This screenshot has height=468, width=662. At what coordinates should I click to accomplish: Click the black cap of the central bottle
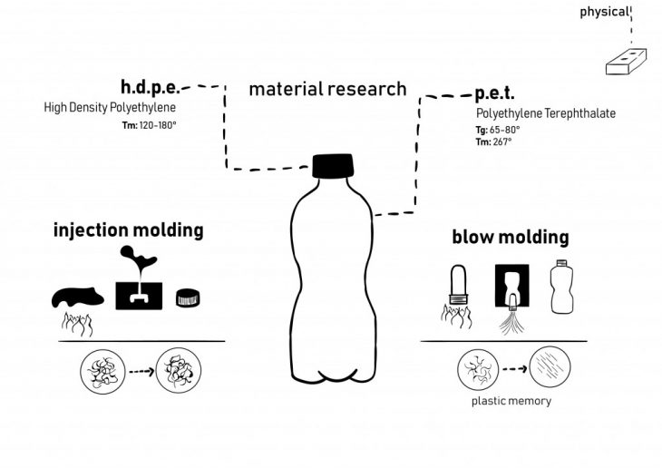coord(334,167)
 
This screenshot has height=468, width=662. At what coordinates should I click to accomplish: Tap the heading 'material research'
coord(327,89)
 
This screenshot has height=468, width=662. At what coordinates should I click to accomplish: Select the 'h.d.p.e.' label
coord(150,88)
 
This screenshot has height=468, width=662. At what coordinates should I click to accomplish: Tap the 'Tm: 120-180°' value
coord(149,123)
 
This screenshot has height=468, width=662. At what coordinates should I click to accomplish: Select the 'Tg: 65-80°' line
coord(498,130)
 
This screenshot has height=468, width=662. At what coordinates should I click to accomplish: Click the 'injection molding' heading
coord(129,229)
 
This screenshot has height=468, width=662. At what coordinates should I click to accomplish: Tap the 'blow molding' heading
coord(511,238)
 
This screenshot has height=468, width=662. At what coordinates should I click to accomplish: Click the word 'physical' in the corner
coord(603,12)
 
